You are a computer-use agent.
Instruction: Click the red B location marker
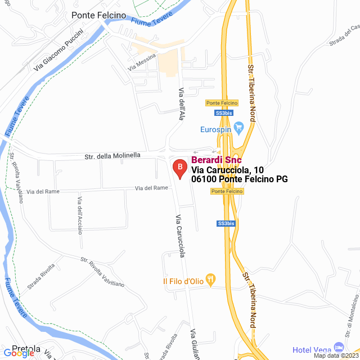tap(179, 168)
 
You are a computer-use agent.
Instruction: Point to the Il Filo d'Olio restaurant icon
tap(211, 278)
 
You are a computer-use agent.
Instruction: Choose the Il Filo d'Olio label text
tap(182, 281)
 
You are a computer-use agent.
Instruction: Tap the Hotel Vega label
tap(311, 350)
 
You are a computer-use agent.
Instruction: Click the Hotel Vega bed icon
tap(338, 347)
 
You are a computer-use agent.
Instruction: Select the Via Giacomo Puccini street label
tap(58, 49)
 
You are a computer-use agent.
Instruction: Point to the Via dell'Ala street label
tap(181, 104)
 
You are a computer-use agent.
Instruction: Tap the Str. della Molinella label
tap(112, 155)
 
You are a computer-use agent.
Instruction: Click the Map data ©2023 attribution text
tap(335, 355)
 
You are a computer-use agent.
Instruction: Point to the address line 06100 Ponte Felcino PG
tap(240, 179)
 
